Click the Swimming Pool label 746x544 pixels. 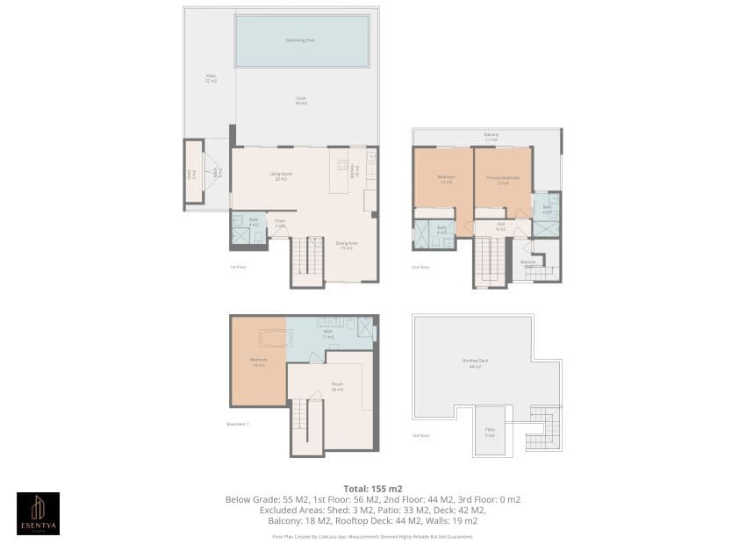pos(301,40)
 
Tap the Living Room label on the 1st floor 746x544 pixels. pos(281,175)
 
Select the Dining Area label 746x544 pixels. pos(347,247)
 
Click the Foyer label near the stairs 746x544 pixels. pos(281,224)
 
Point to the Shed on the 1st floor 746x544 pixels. pos(191,174)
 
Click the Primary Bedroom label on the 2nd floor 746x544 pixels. pos(503,181)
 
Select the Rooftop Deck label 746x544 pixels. pos(475,364)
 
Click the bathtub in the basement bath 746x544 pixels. pos(271,338)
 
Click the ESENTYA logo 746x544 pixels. pos(39,513)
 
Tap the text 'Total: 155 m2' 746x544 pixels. pos(372,488)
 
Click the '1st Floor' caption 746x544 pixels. pos(238,267)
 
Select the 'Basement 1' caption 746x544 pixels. pos(239,423)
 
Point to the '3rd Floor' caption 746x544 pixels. pos(421,435)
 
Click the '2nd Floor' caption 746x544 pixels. pos(421,267)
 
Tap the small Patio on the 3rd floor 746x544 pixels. pos(490,432)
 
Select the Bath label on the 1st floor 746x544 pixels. pos(253,222)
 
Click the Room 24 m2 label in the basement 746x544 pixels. pos(337,387)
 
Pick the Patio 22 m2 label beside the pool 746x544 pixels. pos(211,79)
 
